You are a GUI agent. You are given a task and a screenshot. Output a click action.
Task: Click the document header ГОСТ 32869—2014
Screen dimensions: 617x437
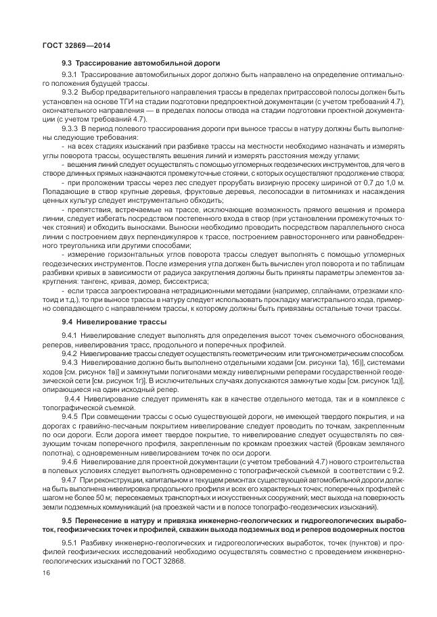(66, 46)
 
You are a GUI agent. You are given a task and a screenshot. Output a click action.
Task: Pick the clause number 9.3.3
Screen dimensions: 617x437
(71, 127)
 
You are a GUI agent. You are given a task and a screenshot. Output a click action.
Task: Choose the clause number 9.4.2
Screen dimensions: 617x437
(71, 353)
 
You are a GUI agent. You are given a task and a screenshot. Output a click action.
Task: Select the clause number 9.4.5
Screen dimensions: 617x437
(71, 417)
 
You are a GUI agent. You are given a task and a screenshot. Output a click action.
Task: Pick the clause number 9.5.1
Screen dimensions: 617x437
(71, 543)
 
